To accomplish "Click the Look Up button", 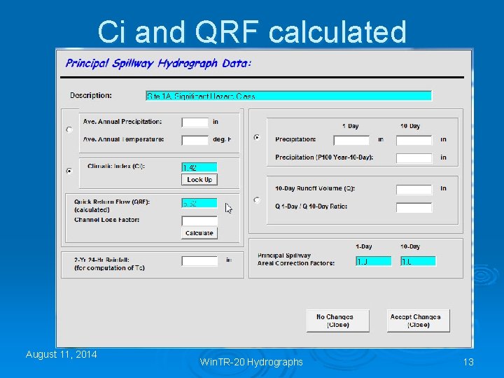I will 199,180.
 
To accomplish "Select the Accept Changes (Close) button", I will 419,321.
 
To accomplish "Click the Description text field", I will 288,96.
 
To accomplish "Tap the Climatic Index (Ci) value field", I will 199,167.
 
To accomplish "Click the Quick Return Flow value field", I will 199,203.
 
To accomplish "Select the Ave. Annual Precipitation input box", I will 195,122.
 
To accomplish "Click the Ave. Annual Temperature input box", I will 195,139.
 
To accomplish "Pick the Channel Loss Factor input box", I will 199,220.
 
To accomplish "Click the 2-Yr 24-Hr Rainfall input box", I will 199,260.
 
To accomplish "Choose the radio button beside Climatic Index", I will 69,170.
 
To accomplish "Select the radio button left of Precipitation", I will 257,138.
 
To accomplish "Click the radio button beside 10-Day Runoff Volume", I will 257,199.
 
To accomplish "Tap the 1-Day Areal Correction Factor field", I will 373,261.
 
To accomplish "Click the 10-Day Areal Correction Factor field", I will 419,261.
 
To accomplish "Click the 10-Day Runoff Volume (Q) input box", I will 414,189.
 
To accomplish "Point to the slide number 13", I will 468,361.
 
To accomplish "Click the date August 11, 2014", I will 62,354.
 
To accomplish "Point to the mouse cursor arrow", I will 228,207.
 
